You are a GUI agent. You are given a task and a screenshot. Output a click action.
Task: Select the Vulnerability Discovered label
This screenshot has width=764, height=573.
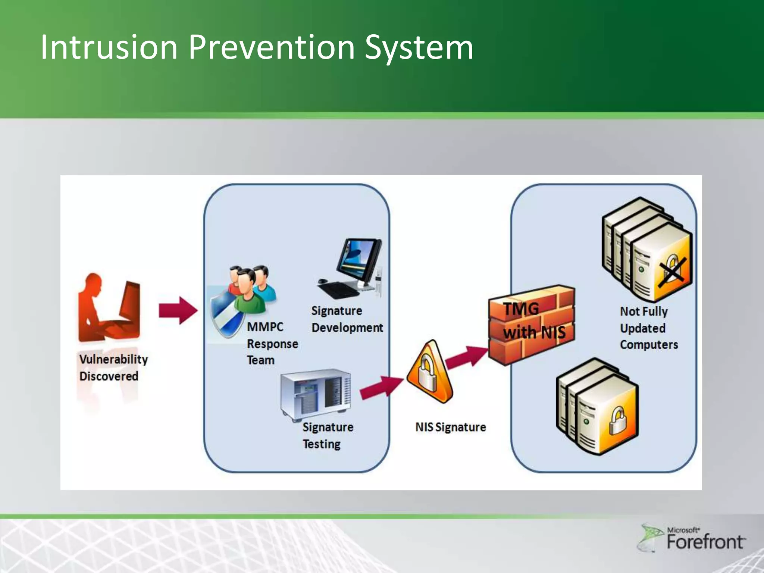[113, 367]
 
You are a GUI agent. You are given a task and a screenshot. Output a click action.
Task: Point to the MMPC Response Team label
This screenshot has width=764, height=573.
[272, 344]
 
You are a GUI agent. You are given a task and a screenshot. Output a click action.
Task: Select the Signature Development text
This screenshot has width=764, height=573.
[347, 319]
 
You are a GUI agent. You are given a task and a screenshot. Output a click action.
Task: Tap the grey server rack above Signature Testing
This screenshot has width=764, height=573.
[316, 395]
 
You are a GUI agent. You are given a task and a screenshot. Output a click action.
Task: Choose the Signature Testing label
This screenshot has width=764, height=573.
[327, 435]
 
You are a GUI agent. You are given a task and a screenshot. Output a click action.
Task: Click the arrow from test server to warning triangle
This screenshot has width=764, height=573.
[381, 388]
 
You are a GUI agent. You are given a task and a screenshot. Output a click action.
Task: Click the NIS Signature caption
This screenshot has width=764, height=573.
[450, 427]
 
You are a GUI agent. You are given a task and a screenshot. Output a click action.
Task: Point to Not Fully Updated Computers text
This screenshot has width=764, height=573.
[648, 328]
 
